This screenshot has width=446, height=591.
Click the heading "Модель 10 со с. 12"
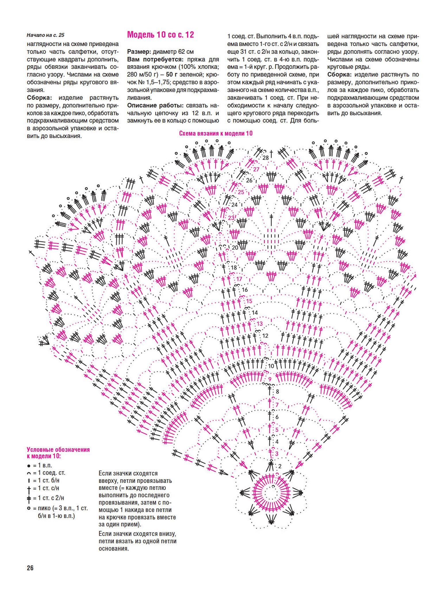coord(160,35)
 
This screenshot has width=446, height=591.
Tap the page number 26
coord(30,568)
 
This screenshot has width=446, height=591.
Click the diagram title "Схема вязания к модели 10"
coord(216,133)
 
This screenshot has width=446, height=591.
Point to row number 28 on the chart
coord(265,158)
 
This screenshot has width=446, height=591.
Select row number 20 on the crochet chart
coord(235,247)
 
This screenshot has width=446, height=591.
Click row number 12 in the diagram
coord(265,336)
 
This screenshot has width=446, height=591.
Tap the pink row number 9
coord(270,379)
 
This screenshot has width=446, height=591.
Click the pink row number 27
coord(256,169)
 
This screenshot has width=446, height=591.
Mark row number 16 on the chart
coord(245,290)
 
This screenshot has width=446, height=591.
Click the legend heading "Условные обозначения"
coord(58,450)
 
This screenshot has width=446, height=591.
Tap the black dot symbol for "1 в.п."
coord(29,466)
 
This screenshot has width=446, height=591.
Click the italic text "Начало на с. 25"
coord(45,35)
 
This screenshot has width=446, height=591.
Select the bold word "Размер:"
coord(139,52)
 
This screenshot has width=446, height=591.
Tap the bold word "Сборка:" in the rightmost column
coord(339,75)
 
